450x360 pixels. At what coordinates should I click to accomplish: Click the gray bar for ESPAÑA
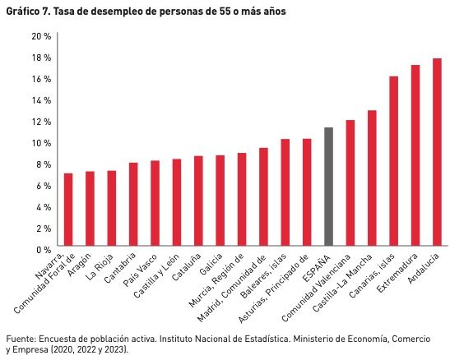coord(328,188)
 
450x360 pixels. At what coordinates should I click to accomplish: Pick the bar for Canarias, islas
coord(393,163)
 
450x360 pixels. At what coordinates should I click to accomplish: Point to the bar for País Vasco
coord(155,205)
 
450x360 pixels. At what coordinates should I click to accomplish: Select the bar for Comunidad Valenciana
coord(350,184)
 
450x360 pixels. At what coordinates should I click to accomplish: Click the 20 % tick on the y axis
coord(41,36)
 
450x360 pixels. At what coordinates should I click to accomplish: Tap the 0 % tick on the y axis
coord(43,249)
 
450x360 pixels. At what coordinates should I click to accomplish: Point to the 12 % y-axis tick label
coord(41,122)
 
